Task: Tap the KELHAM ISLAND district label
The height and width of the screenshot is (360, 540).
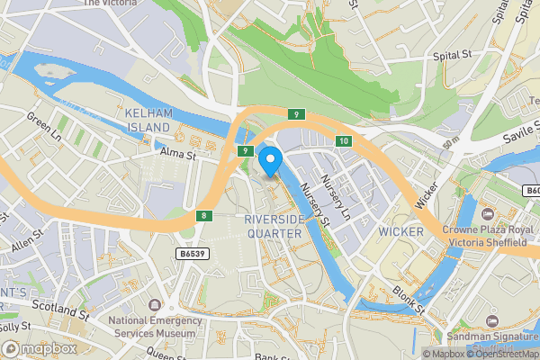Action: [x=148, y=121]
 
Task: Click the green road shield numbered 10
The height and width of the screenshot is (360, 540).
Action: [x=344, y=141]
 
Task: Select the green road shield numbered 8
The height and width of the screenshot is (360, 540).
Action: [x=204, y=215]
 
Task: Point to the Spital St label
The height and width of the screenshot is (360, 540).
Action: [x=454, y=56]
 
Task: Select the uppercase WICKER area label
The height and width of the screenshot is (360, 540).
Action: [x=400, y=231]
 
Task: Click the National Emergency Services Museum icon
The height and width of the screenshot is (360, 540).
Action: [x=155, y=305]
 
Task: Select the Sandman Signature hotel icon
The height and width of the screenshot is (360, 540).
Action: [x=490, y=320]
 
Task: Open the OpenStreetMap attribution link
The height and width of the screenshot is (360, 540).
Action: [x=502, y=354]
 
